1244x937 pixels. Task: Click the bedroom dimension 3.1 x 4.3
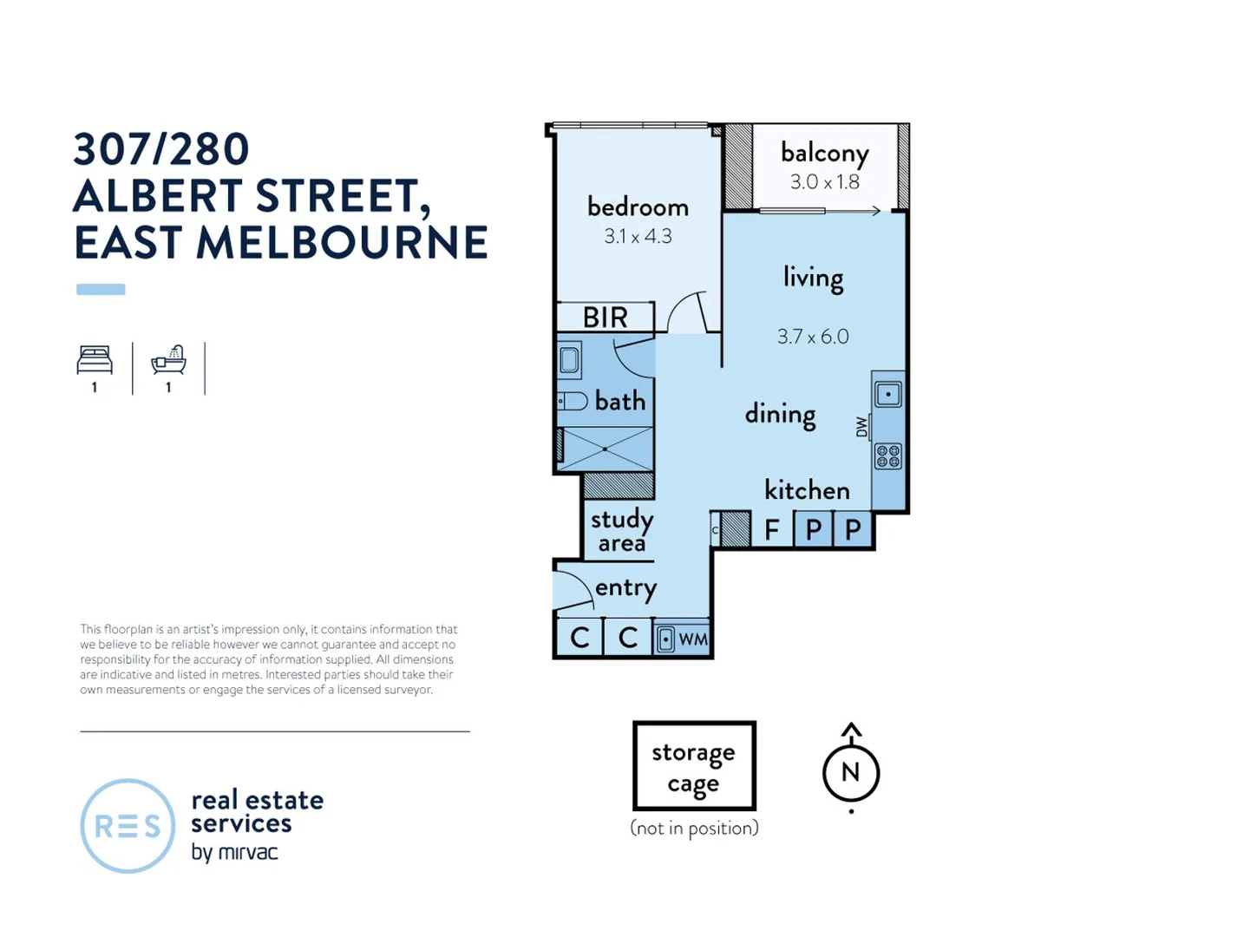[x=638, y=236]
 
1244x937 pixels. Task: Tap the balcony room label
[x=824, y=153]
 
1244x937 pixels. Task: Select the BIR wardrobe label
[x=605, y=318]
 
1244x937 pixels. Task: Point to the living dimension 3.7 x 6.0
[x=813, y=337]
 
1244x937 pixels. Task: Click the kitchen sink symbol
[x=887, y=395]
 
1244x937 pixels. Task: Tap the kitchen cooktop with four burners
[x=887, y=456]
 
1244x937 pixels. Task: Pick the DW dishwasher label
[x=861, y=427]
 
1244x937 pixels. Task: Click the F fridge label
[x=771, y=529]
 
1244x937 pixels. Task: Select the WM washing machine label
[x=692, y=639]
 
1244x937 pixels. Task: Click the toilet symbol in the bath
[x=572, y=401]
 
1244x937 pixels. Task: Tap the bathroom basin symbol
[x=569, y=359]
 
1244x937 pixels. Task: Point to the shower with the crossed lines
[x=605, y=449]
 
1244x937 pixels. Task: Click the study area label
[x=621, y=531]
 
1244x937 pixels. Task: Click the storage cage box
[x=694, y=766]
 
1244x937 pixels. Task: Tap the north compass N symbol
[x=850, y=771]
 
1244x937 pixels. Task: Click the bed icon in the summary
[x=95, y=360]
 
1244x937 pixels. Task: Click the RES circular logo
[x=128, y=826]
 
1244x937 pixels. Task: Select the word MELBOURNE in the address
[x=342, y=243]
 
